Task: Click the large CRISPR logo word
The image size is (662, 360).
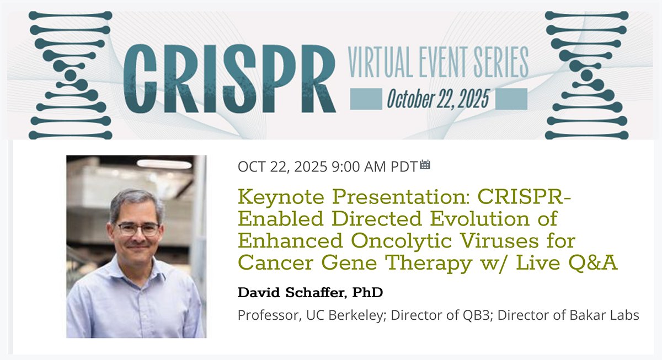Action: coord(229,78)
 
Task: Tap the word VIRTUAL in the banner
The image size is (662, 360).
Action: coord(380,63)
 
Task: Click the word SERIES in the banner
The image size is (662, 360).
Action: coord(501,63)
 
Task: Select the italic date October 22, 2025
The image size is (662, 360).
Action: coord(438,99)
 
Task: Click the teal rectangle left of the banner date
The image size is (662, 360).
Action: coord(366,99)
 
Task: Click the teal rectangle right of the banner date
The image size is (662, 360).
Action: coord(511,99)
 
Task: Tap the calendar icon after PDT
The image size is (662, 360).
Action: coord(425,165)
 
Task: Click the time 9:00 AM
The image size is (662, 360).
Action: coord(359,167)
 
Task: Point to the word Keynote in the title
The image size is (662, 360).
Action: coord(281,197)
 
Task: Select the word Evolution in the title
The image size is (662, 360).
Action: coord(479,219)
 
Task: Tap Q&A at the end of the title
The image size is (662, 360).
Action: coord(592,263)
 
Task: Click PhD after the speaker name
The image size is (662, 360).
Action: coord(367,292)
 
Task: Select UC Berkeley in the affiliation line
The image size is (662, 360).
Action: coord(346,316)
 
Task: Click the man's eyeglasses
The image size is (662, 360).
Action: coord(138,229)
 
